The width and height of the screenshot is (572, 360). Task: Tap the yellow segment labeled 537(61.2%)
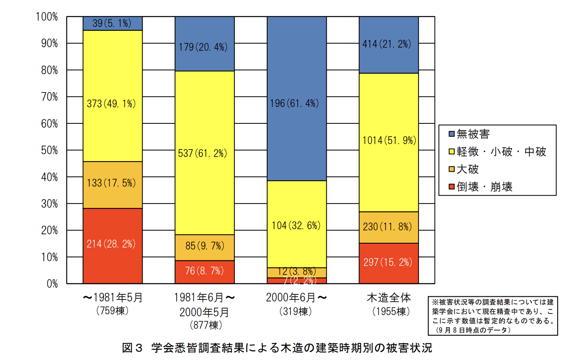click(x=204, y=153)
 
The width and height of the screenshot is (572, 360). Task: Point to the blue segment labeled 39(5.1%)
click(x=113, y=23)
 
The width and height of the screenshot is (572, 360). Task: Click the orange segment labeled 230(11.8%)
click(x=388, y=227)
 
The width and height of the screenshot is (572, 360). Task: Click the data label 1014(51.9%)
click(x=389, y=141)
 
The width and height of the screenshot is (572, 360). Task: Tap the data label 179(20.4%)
click(x=203, y=47)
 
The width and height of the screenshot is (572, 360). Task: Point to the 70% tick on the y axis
click(x=50, y=97)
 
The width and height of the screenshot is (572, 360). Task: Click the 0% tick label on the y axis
click(x=52, y=284)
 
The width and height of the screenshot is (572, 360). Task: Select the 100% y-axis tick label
click(x=47, y=17)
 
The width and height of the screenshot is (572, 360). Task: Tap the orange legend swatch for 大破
click(x=452, y=169)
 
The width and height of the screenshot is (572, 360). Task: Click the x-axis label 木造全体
click(x=389, y=298)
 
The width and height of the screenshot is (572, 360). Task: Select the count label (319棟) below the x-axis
click(x=295, y=312)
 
